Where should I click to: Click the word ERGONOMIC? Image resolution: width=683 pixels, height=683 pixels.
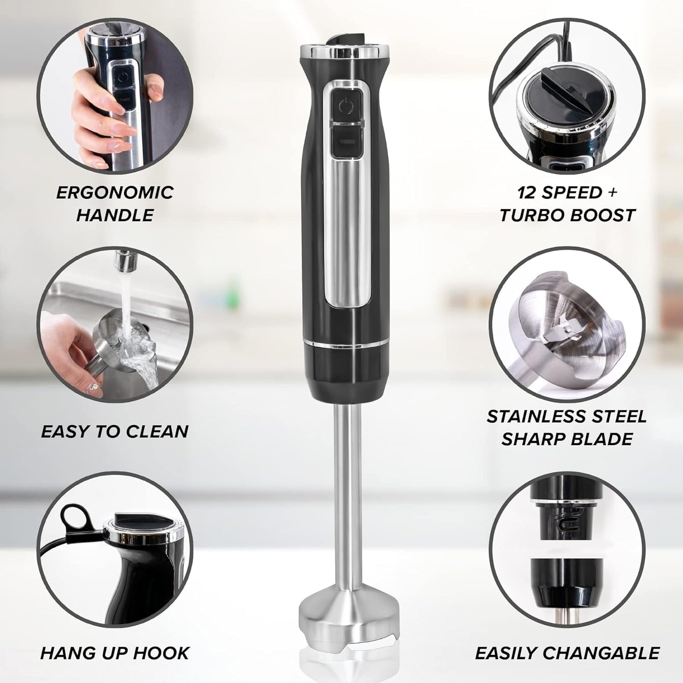(115, 192)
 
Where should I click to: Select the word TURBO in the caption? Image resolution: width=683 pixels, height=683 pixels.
(531, 216)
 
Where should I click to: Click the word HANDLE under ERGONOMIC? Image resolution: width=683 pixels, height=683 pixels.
(115, 216)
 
